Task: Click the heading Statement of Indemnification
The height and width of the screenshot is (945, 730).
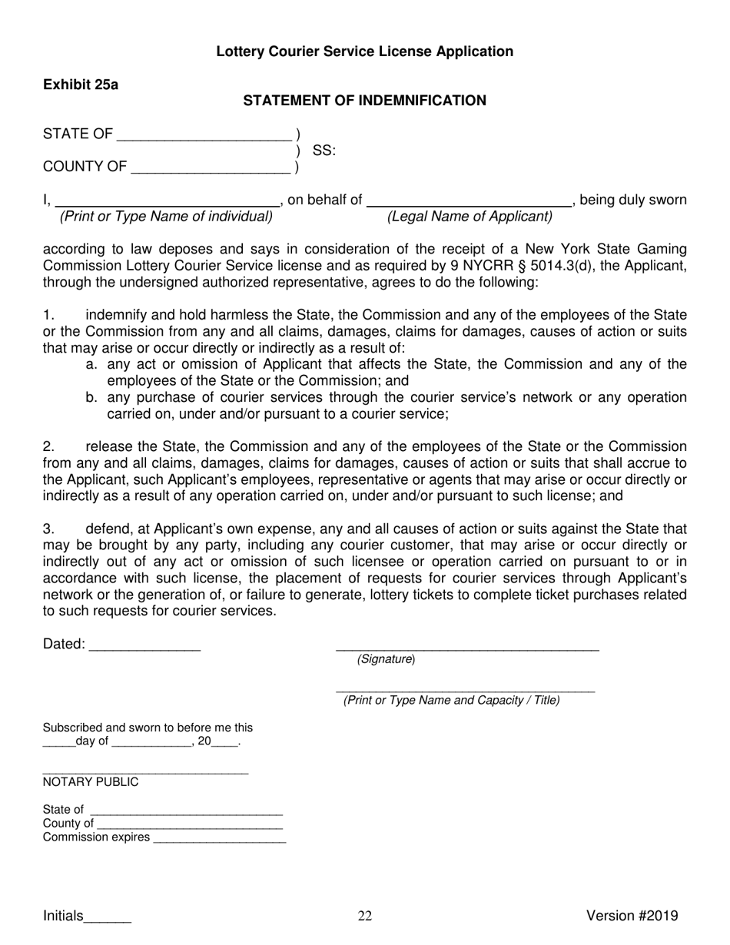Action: click(364, 101)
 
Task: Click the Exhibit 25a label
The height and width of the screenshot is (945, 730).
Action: click(81, 85)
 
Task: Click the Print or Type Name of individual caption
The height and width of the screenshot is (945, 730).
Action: click(166, 217)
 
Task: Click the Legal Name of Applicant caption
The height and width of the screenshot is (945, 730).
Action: click(470, 217)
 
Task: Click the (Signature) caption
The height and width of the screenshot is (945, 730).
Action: click(386, 659)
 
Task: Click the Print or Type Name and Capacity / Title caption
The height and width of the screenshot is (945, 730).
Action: click(452, 700)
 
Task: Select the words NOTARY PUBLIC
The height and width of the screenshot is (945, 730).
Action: click(91, 782)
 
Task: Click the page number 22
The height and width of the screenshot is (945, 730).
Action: click(365, 916)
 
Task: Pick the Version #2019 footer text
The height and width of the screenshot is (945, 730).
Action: click(632, 915)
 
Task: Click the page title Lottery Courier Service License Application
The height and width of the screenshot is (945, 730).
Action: click(364, 51)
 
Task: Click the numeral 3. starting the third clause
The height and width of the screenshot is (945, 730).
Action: click(49, 529)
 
